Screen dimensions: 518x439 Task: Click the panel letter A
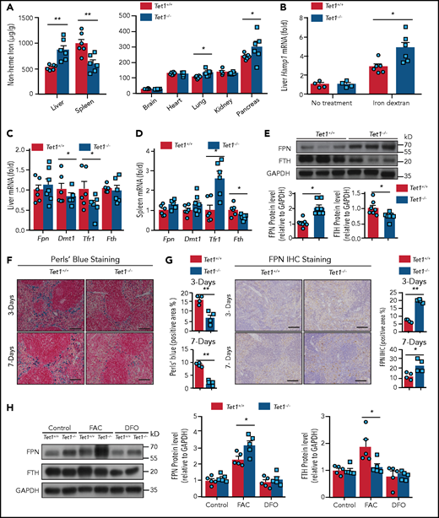tap(8, 7)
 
